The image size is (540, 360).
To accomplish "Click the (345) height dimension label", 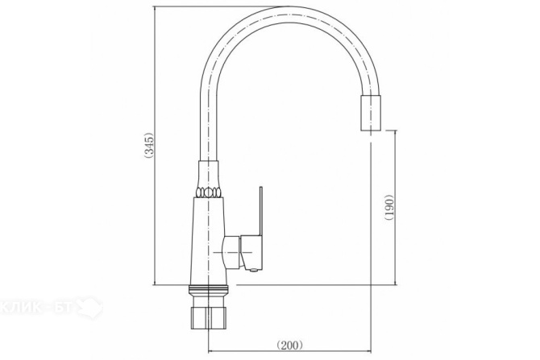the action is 149,145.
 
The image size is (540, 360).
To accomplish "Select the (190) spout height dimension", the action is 389,208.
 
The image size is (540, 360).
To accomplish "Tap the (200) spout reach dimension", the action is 290,345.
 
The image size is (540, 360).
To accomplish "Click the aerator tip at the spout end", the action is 371,112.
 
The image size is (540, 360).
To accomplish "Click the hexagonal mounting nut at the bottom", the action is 209,318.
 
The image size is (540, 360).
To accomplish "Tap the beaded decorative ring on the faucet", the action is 209,192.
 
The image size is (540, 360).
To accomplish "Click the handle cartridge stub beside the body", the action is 232,253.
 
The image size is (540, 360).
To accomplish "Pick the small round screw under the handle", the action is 254,271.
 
